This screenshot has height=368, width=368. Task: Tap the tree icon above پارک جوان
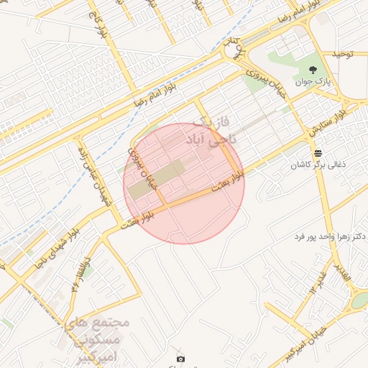tap(313, 69)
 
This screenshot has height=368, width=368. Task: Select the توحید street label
tap(340, 55)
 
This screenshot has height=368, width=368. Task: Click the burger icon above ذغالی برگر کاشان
tap(318, 153)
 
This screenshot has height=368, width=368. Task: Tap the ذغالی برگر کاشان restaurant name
tap(318, 165)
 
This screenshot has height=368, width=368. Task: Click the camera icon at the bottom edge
tap(180, 358)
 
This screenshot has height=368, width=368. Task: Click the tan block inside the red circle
tap(157, 180)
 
